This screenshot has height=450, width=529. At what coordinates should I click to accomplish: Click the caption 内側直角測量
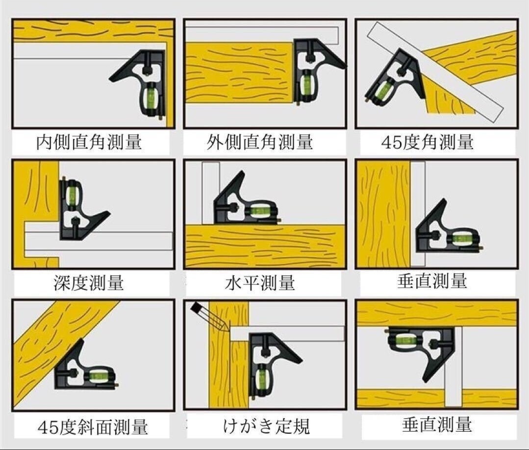[x=89, y=142]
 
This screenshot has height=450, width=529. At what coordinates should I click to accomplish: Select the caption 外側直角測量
[x=260, y=142]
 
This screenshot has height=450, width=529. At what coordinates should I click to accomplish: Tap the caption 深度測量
[x=89, y=283]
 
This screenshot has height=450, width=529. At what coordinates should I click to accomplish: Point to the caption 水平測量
[x=260, y=283]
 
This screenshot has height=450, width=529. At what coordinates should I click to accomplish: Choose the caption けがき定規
[x=266, y=425]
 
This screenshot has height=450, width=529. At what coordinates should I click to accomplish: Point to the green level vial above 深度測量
[x=72, y=194]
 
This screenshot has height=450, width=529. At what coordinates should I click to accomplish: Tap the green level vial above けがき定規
[x=261, y=377]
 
